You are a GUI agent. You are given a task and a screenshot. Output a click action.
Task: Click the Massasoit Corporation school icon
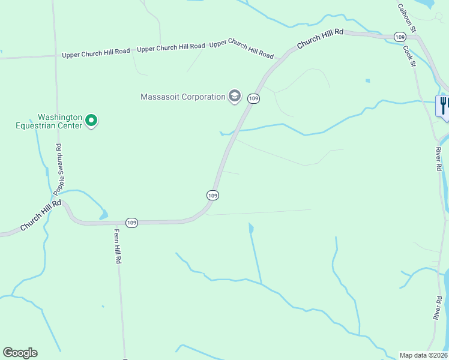(x=235, y=96)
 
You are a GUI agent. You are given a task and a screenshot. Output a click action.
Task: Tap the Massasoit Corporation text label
(x=182, y=97)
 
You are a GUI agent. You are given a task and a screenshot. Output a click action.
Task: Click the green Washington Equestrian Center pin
(x=91, y=121)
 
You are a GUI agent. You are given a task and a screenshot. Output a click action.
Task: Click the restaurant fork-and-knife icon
(x=444, y=106)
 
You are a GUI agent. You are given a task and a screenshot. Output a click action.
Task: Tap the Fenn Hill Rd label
(x=118, y=246)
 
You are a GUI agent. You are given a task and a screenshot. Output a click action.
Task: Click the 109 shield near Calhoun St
(x=400, y=37)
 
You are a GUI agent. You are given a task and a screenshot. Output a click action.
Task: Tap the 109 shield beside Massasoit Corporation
(x=254, y=98)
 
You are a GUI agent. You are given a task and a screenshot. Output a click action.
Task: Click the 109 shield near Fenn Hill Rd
(x=132, y=223)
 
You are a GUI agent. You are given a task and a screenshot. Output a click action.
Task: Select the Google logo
(x=20, y=353)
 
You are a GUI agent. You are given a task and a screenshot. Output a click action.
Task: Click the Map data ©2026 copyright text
(x=423, y=355)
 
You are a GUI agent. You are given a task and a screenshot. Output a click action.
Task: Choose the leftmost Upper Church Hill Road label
(x=96, y=53)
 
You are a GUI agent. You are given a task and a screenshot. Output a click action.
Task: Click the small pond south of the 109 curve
(x=250, y=228)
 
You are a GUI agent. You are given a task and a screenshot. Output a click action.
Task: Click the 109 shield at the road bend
(x=212, y=195)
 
